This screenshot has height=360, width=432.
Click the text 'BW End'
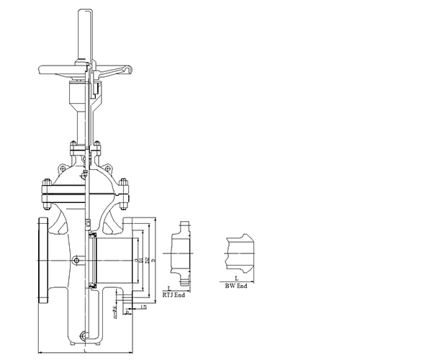236,286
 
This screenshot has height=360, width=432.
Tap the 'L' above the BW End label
236,278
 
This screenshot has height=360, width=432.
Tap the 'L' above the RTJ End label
168,288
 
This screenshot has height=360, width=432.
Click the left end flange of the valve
42,259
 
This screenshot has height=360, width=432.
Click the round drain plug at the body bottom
86,335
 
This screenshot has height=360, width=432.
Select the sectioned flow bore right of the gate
115,259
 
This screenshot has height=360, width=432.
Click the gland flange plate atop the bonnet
85,148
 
